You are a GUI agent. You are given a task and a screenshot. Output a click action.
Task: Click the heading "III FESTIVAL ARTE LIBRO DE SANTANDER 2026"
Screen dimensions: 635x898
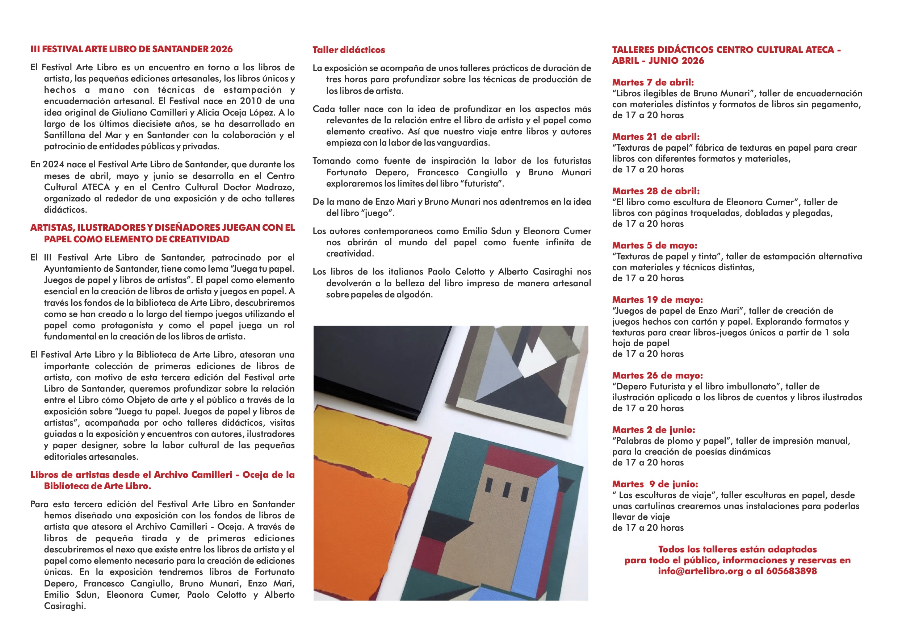[x=131, y=49]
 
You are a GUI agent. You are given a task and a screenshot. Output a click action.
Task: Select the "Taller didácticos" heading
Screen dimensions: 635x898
[x=348, y=50]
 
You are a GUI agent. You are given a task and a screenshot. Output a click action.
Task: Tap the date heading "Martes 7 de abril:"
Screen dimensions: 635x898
[x=653, y=83]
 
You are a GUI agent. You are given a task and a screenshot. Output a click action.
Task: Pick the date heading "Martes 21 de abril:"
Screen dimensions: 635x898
[x=655, y=137]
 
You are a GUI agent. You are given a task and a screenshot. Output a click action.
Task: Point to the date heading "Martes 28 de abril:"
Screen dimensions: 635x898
[x=655, y=191]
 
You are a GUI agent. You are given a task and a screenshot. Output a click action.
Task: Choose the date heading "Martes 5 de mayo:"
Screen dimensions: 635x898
[x=654, y=246]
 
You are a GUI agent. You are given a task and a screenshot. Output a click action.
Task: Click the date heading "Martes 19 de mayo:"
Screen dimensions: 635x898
[x=657, y=300]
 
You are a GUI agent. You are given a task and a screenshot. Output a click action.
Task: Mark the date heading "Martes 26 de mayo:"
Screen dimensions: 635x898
[x=657, y=376]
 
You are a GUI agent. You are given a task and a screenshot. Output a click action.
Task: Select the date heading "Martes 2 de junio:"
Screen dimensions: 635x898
[x=654, y=430]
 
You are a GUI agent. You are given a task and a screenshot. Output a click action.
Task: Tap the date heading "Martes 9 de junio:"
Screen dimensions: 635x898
[x=655, y=484]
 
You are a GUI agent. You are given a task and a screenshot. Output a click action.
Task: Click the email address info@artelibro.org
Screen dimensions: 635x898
[x=700, y=571]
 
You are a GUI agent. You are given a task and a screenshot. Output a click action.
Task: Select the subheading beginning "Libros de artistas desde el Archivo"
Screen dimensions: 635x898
[x=162, y=480]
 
